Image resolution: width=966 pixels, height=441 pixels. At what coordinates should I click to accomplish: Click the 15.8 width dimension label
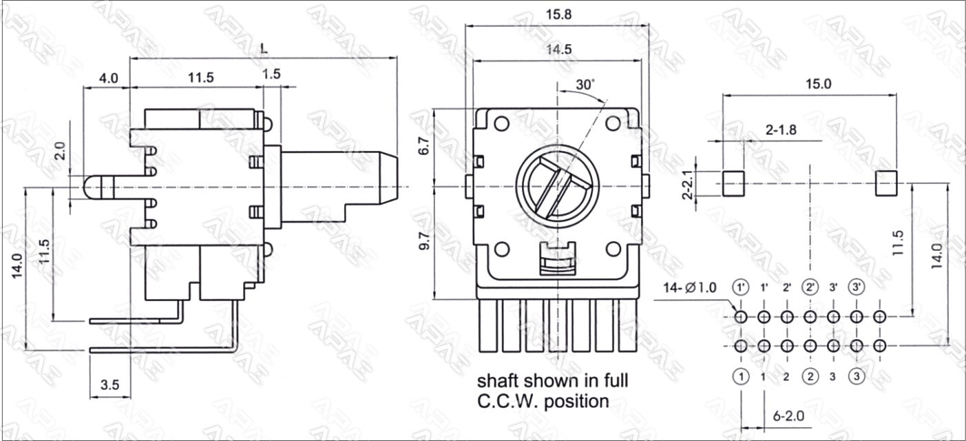pyautogui.click(x=557, y=14)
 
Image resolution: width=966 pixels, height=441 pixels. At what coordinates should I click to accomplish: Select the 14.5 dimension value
pyautogui.click(x=557, y=50)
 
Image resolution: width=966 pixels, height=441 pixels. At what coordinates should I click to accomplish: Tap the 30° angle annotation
pyautogui.click(x=585, y=85)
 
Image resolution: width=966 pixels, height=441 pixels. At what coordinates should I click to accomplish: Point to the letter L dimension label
pyautogui.click(x=264, y=48)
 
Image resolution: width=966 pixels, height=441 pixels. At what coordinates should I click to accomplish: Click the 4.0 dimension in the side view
pyautogui.click(x=108, y=78)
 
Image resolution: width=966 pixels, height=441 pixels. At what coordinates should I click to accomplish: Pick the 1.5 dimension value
pyautogui.click(x=271, y=76)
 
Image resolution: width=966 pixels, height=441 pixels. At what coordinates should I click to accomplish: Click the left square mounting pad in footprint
pyautogui.click(x=734, y=184)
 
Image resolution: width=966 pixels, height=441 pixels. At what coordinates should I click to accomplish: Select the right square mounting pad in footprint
pyautogui.click(x=887, y=184)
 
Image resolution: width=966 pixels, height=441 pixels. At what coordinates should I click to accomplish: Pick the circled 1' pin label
pyautogui.click(x=741, y=287)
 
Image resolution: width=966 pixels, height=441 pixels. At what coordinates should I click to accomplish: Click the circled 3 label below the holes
pyautogui.click(x=857, y=376)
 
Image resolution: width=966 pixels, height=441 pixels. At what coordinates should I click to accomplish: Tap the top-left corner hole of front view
pyautogui.click(x=502, y=124)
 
